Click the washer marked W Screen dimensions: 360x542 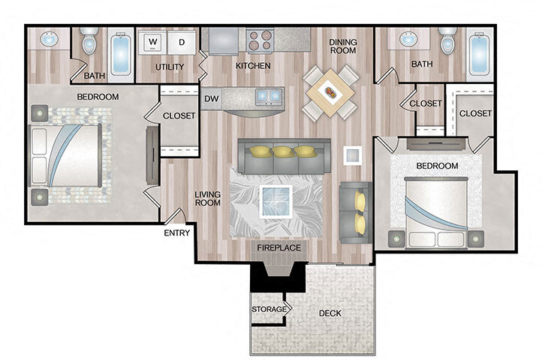152,42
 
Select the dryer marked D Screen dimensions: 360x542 181,42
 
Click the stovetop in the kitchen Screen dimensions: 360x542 258,40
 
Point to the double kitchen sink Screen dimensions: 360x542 267,95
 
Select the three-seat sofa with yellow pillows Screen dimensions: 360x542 283,154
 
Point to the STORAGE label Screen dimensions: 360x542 269,308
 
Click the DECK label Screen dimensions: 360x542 331,313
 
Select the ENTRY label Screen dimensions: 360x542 176,232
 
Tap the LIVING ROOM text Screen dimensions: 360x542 207,199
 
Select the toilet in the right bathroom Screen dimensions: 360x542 448,43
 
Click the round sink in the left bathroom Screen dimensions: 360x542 47,40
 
